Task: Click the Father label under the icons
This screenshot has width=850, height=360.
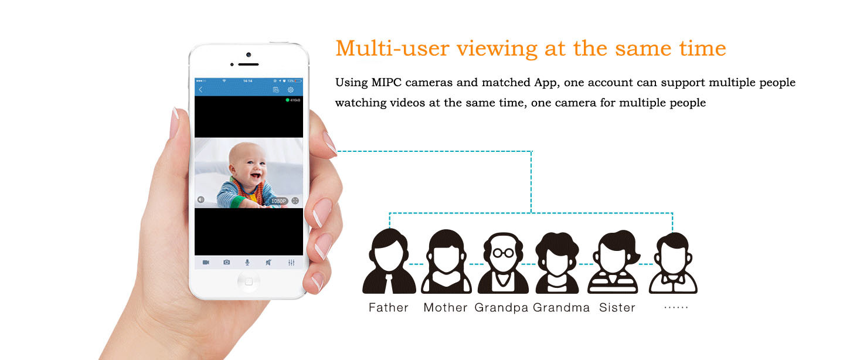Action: pyautogui.click(x=388, y=307)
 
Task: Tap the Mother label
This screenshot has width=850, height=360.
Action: pyautogui.click(x=445, y=307)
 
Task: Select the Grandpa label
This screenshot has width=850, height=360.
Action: pyautogui.click(x=501, y=308)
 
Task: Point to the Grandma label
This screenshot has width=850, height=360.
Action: pyautogui.click(x=561, y=307)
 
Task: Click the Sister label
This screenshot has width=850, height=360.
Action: pyautogui.click(x=617, y=307)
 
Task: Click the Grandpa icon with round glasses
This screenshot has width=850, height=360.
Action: pyautogui.click(x=503, y=263)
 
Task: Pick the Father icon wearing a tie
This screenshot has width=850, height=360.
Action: pyautogui.click(x=389, y=261)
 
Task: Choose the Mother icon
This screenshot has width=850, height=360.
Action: pyautogui.click(x=446, y=261)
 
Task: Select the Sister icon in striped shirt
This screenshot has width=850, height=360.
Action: pyautogui.click(x=613, y=261)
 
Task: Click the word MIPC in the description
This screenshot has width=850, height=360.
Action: pyautogui.click(x=386, y=82)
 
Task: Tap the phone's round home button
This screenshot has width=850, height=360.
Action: pyautogui.click(x=249, y=281)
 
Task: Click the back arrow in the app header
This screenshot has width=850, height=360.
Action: pyautogui.click(x=200, y=90)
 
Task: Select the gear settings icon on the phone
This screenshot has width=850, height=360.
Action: pyautogui.click(x=291, y=90)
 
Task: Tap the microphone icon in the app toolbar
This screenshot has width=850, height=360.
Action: pyautogui.click(x=247, y=263)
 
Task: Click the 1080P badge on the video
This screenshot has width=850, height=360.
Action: pyautogui.click(x=278, y=201)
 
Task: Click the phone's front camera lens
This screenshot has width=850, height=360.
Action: pyautogui.click(x=249, y=55)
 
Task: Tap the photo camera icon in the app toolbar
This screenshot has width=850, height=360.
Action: pyautogui.click(x=226, y=262)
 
